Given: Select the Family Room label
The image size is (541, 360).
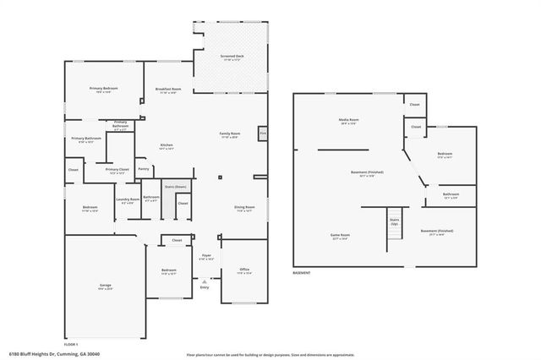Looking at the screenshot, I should coord(230,134).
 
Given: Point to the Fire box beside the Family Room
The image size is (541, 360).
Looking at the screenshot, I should coord(263,134).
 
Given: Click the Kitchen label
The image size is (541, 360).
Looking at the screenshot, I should coord(167,146).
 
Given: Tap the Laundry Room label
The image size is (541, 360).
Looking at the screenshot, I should coord(128,200).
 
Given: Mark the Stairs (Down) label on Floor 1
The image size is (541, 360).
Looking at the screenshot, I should coord(176,186).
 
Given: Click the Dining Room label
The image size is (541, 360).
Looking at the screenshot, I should coord(244,208).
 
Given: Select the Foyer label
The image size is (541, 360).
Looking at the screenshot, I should coord(205,256).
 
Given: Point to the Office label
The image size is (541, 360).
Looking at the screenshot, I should coord(244,271).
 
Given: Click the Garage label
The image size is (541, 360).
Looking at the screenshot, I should coord(105,286).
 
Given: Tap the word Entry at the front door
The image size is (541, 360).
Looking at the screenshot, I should coord(204,288).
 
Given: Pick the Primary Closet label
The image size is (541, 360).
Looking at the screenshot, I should coord(117,170).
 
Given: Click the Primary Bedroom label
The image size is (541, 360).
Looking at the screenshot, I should coord(105,90).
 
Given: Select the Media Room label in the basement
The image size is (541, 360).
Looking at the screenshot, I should coord(349,122).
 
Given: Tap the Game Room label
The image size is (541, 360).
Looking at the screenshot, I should coord(339,236).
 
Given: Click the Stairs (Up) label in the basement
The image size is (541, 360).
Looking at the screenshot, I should coord(394,221).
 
